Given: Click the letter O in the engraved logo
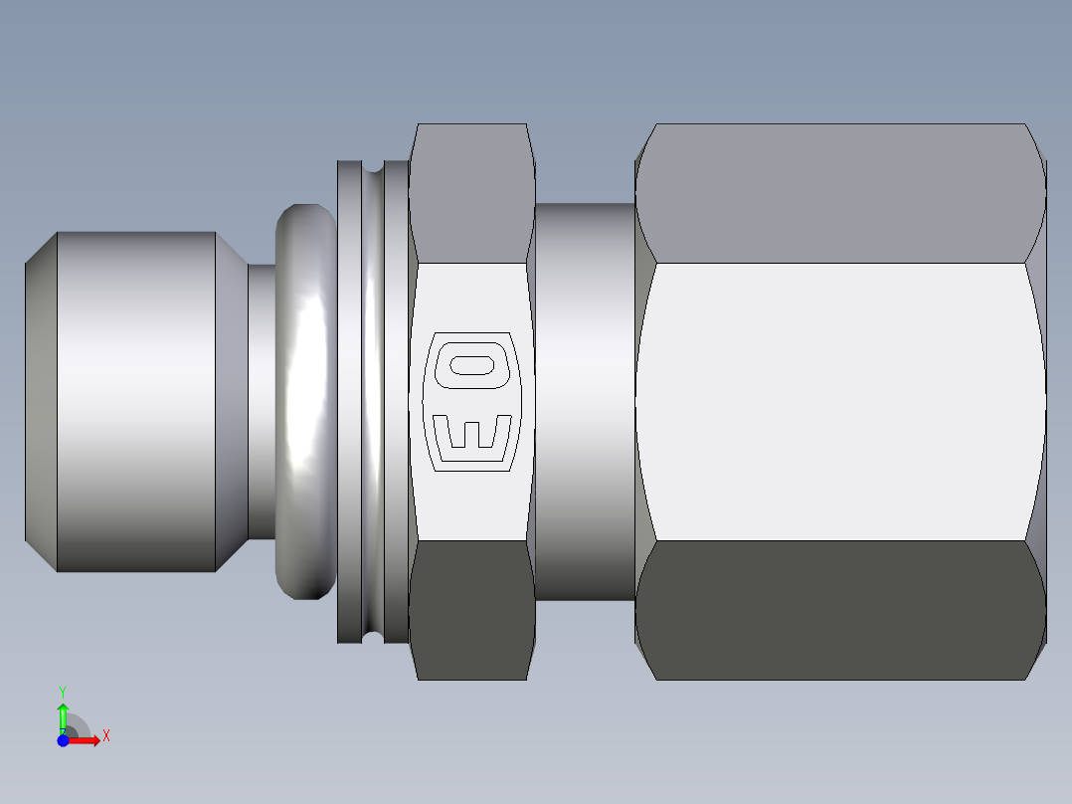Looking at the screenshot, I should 471,365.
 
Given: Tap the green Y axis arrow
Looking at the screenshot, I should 63,715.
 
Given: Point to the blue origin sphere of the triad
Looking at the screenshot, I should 63,740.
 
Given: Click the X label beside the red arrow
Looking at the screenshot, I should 105,736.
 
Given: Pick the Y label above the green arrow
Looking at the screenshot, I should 63,691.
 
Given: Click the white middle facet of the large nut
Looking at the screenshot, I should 840,402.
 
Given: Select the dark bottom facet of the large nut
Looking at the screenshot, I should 840,610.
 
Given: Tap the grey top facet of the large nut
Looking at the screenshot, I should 840,193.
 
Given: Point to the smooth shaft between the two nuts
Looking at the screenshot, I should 585,402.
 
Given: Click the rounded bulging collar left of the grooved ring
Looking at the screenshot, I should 305,402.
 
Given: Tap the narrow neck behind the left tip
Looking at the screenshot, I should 260,402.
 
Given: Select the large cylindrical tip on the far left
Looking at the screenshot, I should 135,402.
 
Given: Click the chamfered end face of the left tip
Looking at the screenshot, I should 41,402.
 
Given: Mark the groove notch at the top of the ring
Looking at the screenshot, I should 373,167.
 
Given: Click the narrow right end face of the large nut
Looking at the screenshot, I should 1036,402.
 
